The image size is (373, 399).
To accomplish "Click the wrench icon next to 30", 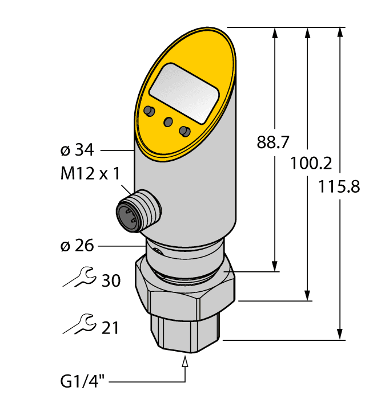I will coord(78,277).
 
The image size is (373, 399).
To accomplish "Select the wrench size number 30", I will coord(110,280).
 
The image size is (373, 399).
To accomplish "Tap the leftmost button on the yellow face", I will coord(150,111).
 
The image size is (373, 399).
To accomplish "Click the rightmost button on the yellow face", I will coord(184,131).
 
